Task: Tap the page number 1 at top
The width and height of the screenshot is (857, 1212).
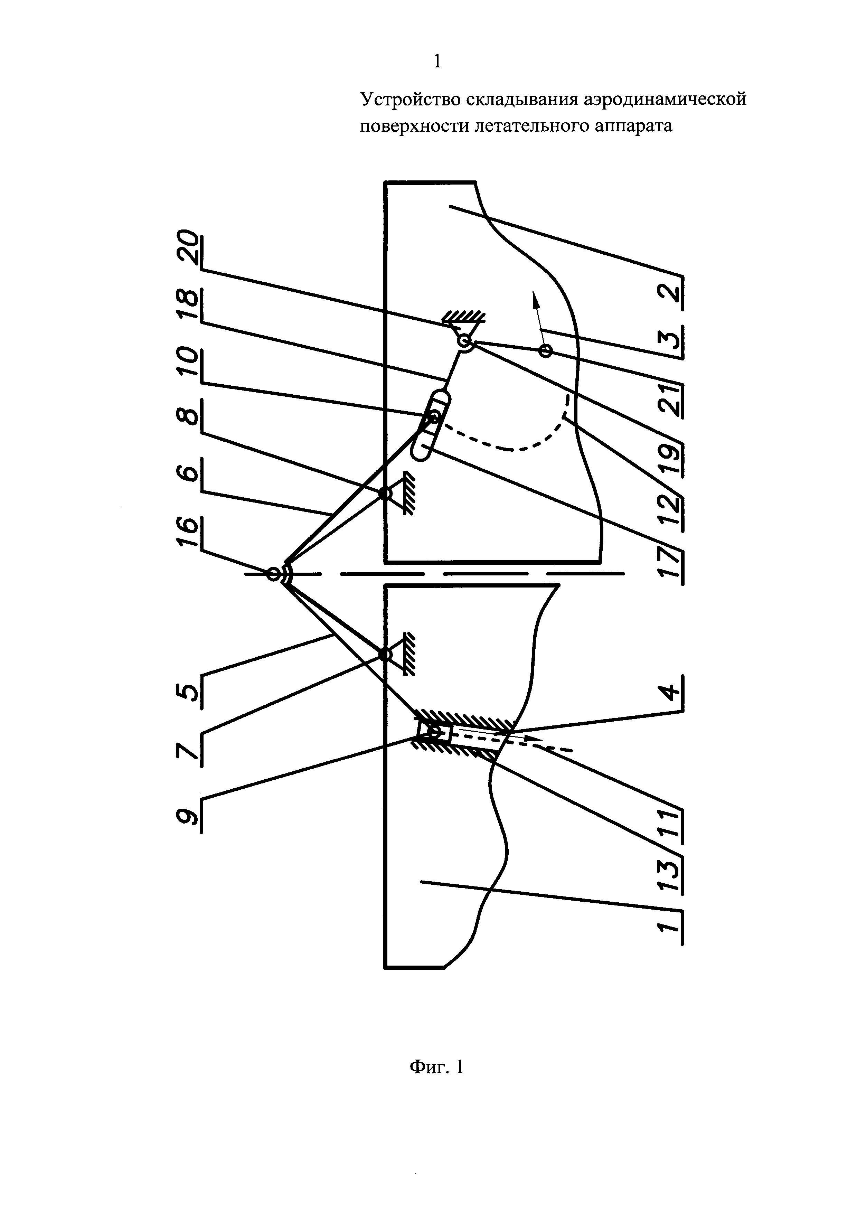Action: (436, 62)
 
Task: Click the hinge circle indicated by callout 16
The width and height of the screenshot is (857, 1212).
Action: (273, 574)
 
